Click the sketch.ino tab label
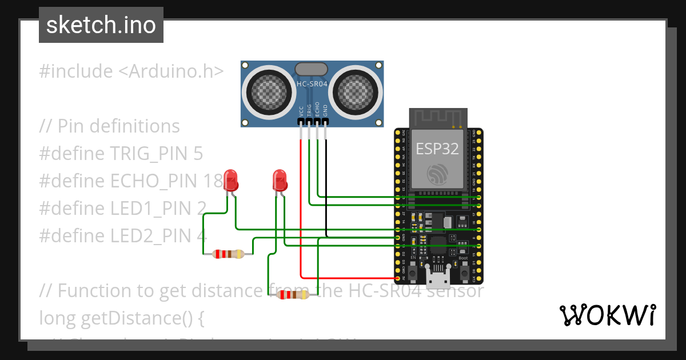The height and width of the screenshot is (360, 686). tap(101, 25)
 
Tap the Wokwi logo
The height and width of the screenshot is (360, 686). tap(607, 315)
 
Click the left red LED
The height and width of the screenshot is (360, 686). tap(230, 180)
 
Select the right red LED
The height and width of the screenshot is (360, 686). tap(280, 180)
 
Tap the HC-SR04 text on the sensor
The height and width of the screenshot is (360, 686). tap(312, 85)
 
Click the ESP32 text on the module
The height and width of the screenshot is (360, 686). tap(437, 149)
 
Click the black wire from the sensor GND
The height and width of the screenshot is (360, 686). tap(326, 189)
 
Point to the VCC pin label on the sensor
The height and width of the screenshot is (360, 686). tap(301, 110)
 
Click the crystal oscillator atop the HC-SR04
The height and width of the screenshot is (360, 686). tap(311, 69)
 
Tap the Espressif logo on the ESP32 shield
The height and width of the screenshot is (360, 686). tap(438, 174)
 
